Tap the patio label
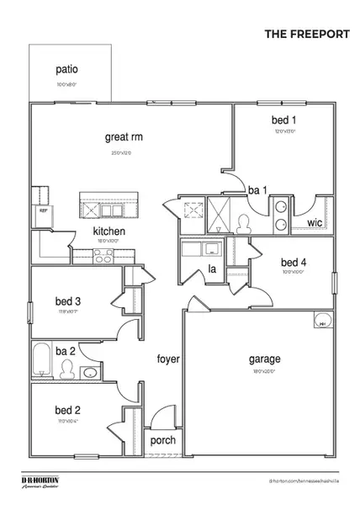point(66,71)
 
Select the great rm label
point(123,136)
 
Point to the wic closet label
point(315,223)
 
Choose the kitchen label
point(109,231)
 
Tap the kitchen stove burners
point(103,259)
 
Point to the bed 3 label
point(67,300)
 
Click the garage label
point(264,358)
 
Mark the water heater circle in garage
point(320,321)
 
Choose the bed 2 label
point(67,410)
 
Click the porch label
point(162,440)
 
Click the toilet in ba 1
point(245,223)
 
